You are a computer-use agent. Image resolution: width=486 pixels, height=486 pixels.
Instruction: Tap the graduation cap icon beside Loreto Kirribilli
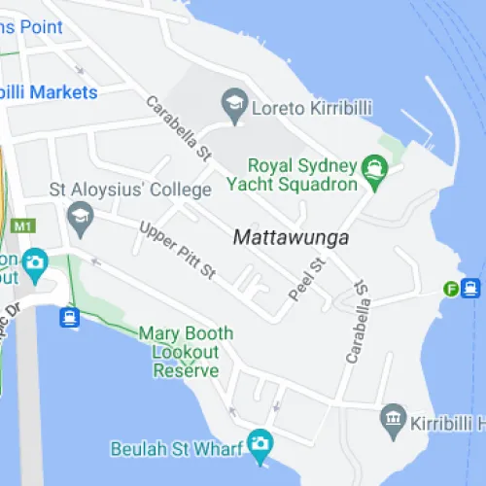tap(233, 104)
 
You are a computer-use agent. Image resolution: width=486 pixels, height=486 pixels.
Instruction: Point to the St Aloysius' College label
tap(130, 189)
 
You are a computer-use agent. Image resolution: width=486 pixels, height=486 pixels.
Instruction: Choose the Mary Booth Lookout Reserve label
tap(186, 352)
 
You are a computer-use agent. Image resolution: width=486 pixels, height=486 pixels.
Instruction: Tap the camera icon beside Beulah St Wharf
tap(259, 445)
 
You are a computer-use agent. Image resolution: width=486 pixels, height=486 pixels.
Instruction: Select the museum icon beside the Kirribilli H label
tap(393, 419)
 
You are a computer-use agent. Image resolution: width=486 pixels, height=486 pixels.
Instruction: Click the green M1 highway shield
tap(23, 226)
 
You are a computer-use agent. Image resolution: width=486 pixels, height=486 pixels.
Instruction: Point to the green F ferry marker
tap(450, 289)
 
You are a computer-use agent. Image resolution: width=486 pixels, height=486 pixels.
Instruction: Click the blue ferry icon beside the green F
tap(471, 289)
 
